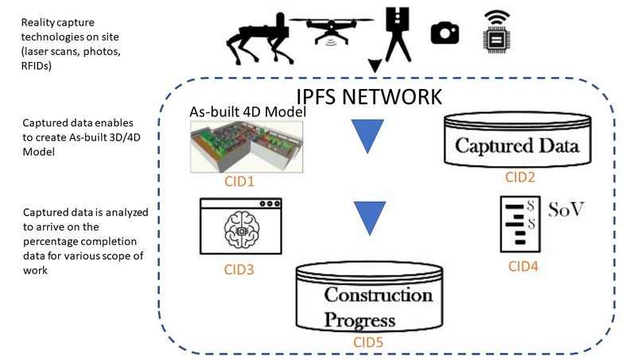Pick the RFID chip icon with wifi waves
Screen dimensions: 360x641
click(x=495, y=31)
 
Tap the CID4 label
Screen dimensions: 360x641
click(x=523, y=266)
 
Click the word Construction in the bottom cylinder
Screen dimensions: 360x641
click(x=377, y=296)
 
